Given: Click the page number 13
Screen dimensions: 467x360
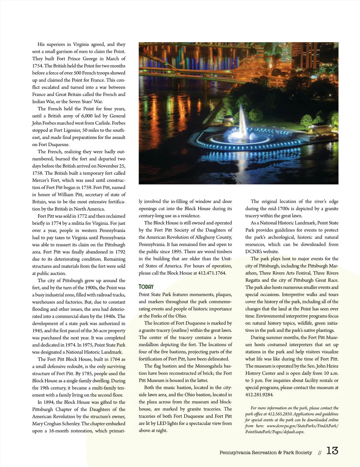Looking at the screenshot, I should [332, 451].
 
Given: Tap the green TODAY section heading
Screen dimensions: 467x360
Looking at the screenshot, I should [146, 287].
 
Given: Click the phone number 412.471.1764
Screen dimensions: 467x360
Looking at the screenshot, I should [212, 273].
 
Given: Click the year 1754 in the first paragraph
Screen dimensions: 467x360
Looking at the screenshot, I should [37, 66].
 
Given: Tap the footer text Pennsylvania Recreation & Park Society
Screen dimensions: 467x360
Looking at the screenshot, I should [265, 453].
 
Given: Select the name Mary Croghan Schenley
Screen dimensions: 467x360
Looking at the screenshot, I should [56, 424].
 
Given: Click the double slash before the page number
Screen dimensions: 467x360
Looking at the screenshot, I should [320, 453].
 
